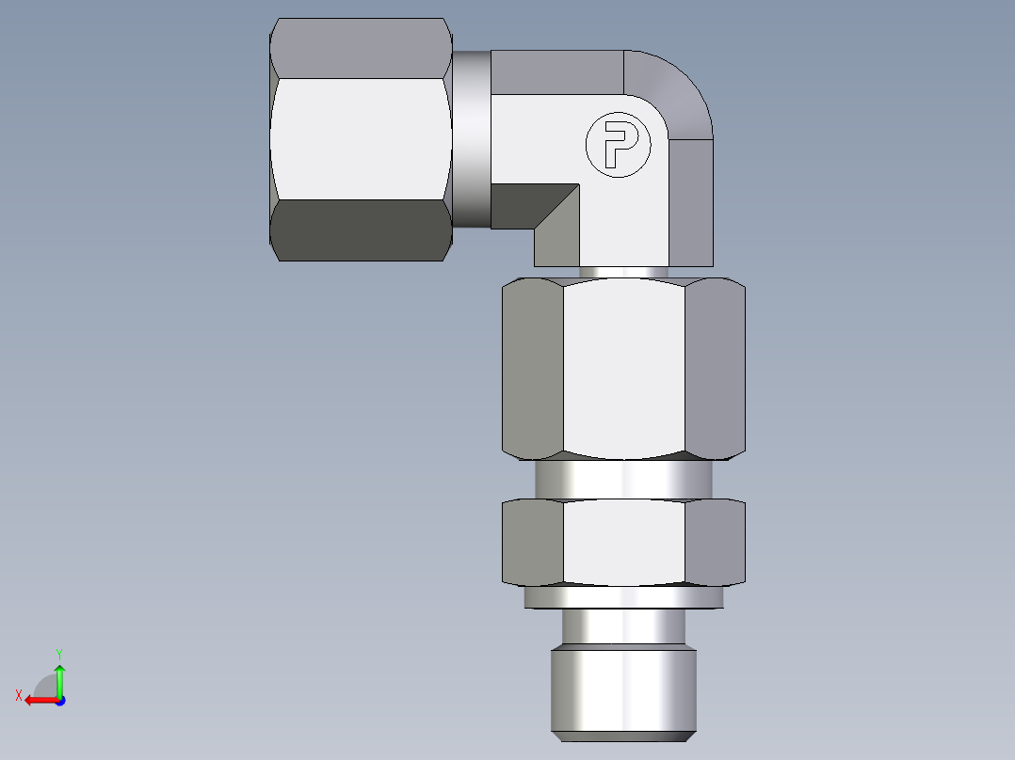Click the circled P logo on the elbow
[618, 145]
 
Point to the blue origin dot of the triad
[59, 700]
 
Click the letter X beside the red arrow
[18, 695]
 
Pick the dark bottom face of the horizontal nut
[358, 230]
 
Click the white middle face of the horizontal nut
[358, 138]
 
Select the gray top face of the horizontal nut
[358, 47]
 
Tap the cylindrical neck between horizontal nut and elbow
[471, 138]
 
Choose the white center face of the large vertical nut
[623, 367]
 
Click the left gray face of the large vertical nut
[532, 367]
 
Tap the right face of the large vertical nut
[715, 367]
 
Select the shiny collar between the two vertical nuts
[623, 479]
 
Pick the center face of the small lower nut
[623, 542]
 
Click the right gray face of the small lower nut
[715, 542]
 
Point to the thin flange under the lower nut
[623, 597]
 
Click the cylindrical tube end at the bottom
[623, 691]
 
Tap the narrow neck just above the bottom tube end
[623, 625]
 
